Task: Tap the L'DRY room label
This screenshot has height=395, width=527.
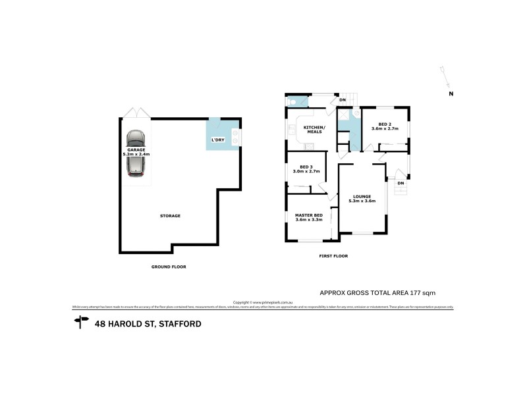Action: click(217, 140)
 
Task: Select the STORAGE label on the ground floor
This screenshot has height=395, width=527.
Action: click(170, 215)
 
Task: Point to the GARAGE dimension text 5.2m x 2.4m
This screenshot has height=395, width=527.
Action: click(136, 154)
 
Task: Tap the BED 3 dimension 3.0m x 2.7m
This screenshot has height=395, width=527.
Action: click(306, 171)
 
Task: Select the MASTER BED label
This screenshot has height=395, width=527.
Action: click(308, 215)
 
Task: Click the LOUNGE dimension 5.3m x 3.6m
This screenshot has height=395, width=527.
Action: click(362, 201)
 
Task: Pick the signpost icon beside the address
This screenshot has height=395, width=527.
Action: click(82, 322)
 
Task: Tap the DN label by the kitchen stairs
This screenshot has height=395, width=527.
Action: click(343, 100)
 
